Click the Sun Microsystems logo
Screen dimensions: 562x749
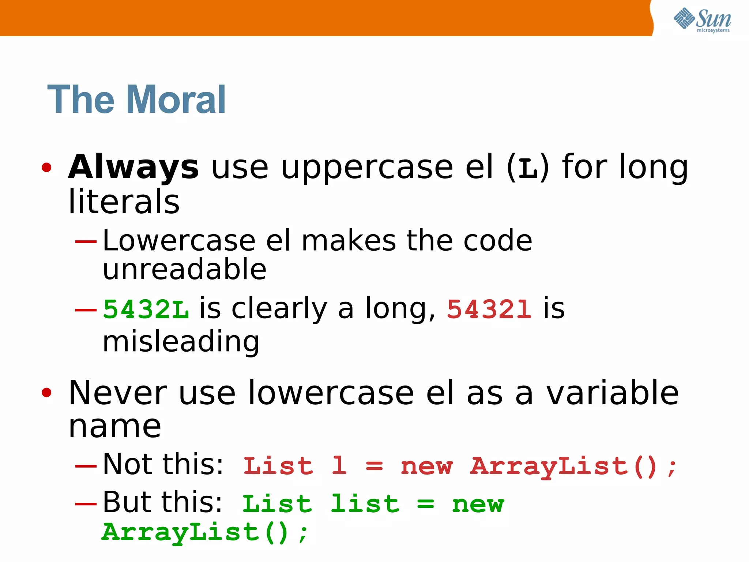(x=702, y=20)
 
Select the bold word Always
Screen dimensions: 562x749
(x=133, y=168)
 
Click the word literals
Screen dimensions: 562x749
(x=124, y=202)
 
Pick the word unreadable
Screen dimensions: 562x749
(x=185, y=269)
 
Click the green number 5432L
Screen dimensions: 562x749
(x=146, y=310)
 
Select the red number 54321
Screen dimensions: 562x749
(x=489, y=310)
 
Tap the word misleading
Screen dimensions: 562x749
(x=181, y=341)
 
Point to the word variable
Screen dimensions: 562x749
(x=613, y=393)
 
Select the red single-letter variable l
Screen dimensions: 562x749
(x=339, y=466)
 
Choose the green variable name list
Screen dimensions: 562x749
(x=365, y=504)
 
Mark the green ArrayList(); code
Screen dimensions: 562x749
(x=205, y=533)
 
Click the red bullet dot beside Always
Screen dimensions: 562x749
(x=46, y=168)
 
